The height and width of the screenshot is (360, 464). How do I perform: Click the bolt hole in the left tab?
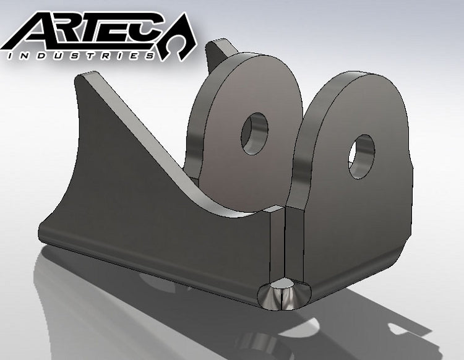click(x=255, y=133)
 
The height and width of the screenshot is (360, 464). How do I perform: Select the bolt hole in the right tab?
click(x=361, y=156)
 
